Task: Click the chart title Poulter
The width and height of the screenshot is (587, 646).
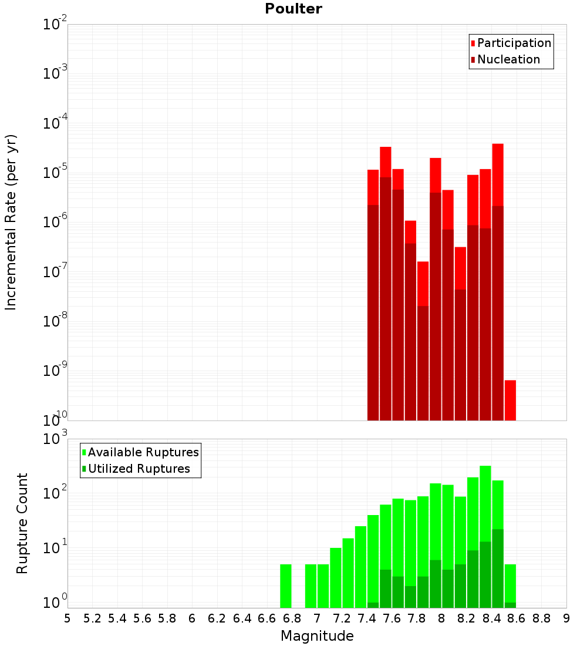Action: click(x=293, y=9)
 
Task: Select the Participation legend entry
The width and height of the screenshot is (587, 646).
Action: click(x=511, y=43)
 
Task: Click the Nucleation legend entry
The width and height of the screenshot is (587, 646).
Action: click(x=505, y=59)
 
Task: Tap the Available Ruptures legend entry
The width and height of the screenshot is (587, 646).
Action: click(x=140, y=452)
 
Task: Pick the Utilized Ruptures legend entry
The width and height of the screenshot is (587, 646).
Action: click(x=136, y=469)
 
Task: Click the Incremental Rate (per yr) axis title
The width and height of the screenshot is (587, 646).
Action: click(x=11, y=222)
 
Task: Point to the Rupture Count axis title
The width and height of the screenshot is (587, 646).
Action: click(x=22, y=523)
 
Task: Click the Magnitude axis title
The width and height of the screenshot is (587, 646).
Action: click(x=317, y=635)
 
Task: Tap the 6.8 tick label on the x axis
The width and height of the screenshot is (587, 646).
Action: click(x=292, y=618)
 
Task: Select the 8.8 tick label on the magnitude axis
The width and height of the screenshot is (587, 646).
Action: click(x=541, y=618)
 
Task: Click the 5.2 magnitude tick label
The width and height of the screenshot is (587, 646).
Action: click(x=92, y=618)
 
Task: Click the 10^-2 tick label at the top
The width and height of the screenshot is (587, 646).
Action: click(x=55, y=23)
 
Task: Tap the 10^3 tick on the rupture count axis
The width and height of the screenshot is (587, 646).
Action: click(x=55, y=438)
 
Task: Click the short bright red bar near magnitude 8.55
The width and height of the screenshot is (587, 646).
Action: click(x=510, y=400)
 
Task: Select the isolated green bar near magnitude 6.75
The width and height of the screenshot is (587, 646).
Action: click(x=285, y=586)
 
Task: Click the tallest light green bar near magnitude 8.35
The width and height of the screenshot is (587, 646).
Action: click(x=485, y=503)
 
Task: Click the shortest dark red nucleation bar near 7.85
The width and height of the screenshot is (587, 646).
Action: click(x=423, y=363)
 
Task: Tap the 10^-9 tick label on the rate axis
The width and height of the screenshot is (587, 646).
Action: click(x=55, y=370)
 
